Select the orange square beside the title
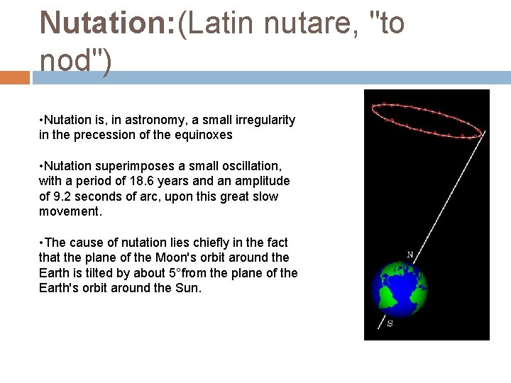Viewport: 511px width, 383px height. pyautogui.click(x=15, y=77)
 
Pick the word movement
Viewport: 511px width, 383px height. pyautogui.click(x=69, y=211)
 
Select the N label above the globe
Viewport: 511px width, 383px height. pyautogui.click(x=410, y=254)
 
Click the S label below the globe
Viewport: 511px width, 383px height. pyautogui.click(x=390, y=323)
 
